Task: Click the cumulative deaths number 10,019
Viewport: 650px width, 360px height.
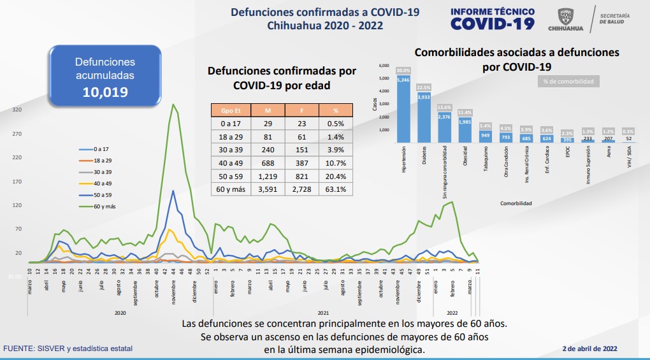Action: tap(105, 92)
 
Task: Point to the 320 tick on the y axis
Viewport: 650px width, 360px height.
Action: tap(17, 110)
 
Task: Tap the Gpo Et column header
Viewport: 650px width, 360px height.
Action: tap(231, 109)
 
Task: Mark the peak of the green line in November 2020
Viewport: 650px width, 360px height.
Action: tap(173, 104)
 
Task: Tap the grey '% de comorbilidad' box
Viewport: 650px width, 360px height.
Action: tap(568, 82)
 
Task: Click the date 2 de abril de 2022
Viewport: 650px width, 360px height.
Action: tap(590, 349)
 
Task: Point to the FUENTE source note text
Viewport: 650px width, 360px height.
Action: tap(68, 349)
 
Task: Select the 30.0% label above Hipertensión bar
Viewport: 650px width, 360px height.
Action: tap(403, 70)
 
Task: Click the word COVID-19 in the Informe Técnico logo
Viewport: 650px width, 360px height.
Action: tap(493, 24)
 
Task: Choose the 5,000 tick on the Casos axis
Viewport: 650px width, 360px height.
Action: tap(384, 78)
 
